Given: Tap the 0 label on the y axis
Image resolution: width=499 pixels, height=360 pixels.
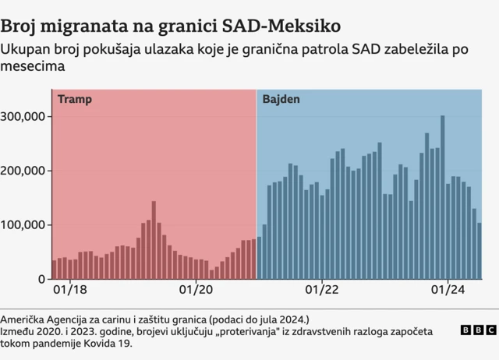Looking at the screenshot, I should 42,279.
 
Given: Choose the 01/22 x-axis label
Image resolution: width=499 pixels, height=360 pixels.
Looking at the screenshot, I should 321,290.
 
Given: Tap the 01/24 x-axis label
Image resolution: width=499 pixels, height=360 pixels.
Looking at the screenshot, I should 448,290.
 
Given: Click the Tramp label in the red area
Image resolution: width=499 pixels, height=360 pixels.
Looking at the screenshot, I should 75,100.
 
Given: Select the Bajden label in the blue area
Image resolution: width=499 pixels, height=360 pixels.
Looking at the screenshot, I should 281,100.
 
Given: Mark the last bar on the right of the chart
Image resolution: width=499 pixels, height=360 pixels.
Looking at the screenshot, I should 480,251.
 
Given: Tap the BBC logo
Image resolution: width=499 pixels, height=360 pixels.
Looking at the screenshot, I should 477,330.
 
